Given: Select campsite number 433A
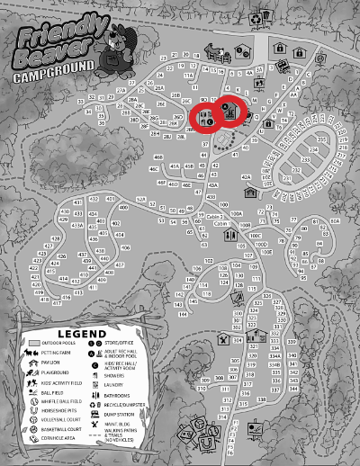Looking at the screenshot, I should coord(78,224).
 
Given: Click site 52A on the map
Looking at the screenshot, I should coord(140,199).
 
